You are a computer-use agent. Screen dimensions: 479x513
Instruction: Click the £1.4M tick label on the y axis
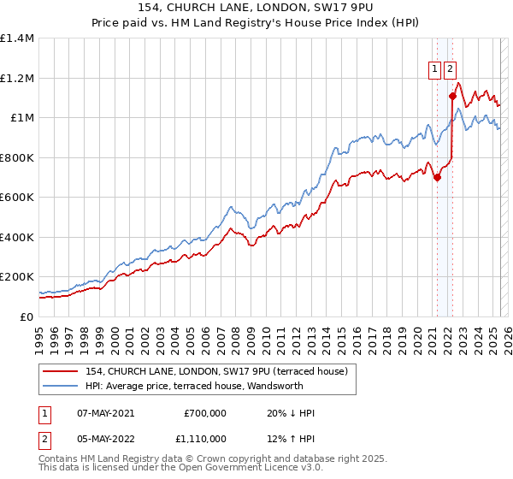17,38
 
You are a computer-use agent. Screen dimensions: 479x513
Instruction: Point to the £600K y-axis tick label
17,197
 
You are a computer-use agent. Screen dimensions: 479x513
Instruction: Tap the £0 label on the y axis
27,316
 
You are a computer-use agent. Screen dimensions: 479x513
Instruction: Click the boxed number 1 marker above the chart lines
434,71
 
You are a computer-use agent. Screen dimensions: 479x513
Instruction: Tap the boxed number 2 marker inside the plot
450,71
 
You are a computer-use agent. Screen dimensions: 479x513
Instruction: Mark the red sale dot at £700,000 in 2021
437,178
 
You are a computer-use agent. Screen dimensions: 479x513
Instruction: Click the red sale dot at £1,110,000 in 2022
451,96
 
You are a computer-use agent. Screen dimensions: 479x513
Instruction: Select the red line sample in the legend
61,371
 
